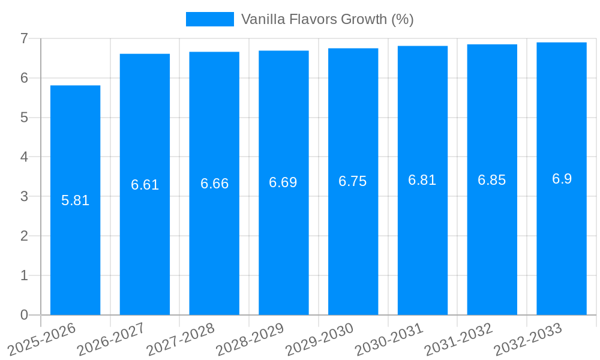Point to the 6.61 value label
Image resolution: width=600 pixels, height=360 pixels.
[145, 185]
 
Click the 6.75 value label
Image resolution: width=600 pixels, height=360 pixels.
[353, 182]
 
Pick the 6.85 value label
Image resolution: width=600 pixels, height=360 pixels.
[492, 180]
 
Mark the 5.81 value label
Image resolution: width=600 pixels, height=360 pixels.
[76, 200]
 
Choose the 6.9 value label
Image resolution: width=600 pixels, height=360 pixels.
[562, 179]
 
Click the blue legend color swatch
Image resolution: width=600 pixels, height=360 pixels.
[209, 19]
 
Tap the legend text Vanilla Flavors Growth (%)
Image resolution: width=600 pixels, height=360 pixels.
[327, 19]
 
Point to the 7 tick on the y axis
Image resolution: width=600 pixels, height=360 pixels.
[24, 38]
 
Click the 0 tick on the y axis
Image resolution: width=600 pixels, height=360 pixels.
[24, 315]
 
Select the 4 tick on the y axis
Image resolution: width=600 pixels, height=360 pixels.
[24, 157]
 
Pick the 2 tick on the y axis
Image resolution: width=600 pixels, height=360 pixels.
[24, 236]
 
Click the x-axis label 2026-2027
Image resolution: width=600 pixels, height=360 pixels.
[112, 339]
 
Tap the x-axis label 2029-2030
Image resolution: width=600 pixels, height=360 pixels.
[319, 339]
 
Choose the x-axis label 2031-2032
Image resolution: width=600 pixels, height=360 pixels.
[458, 339]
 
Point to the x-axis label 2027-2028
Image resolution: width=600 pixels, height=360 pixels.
[181, 339]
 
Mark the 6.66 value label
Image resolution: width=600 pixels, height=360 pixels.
[214, 184]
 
